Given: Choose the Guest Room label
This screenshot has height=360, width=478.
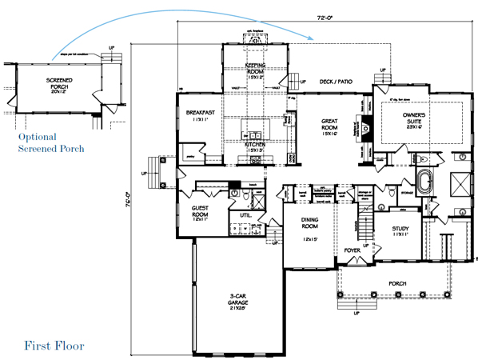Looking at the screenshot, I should pyautogui.click(x=200, y=212).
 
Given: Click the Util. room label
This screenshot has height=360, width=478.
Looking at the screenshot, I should pyautogui.click(x=245, y=215).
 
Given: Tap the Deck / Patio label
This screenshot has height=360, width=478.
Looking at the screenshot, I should pyautogui.click(x=335, y=81).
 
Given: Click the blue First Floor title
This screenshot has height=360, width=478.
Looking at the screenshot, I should pyautogui.click(x=54, y=346).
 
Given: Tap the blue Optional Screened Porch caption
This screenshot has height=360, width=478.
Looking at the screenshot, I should pyautogui.click(x=51, y=142).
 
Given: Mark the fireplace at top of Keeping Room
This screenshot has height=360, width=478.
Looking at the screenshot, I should pyautogui.click(x=255, y=38).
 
